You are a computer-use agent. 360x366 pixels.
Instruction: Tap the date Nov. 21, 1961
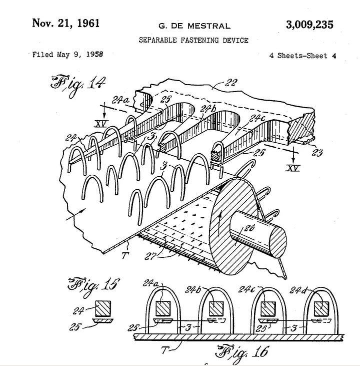coord(65,24)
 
